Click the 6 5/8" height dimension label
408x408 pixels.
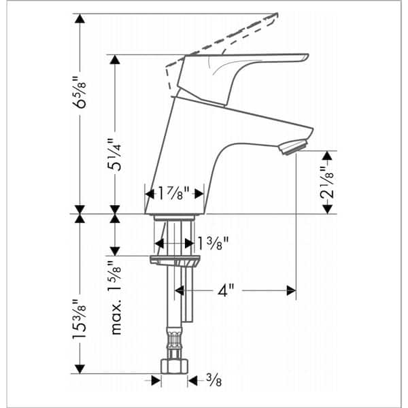pyautogui.click(x=80, y=92)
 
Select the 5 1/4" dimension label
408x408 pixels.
pyautogui.click(x=115, y=155)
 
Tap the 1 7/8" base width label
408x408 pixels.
pyautogui.click(x=174, y=194)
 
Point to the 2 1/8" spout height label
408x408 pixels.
pyautogui.click(x=327, y=182)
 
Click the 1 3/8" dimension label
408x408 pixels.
pyautogui.click(x=213, y=244)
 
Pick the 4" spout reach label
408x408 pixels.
pyautogui.click(x=226, y=290)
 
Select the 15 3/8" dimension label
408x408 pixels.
pyautogui.click(x=80, y=319)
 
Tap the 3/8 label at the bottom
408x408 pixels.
pyautogui.click(x=214, y=380)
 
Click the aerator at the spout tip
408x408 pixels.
pyautogui.click(x=293, y=148)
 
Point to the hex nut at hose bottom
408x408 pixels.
pyautogui.click(x=174, y=366)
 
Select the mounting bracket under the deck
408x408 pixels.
pyautogui.click(x=175, y=261)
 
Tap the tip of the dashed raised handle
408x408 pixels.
pyautogui.click(x=277, y=14)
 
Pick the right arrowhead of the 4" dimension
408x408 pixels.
pyautogui.click(x=292, y=290)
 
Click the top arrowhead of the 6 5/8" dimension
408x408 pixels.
pyautogui.click(x=80, y=19)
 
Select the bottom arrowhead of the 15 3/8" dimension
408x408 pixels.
pyautogui.click(x=80, y=369)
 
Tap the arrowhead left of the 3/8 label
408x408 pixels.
pyautogui.click(x=156, y=380)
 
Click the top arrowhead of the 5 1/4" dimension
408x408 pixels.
pyautogui.click(x=115, y=60)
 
